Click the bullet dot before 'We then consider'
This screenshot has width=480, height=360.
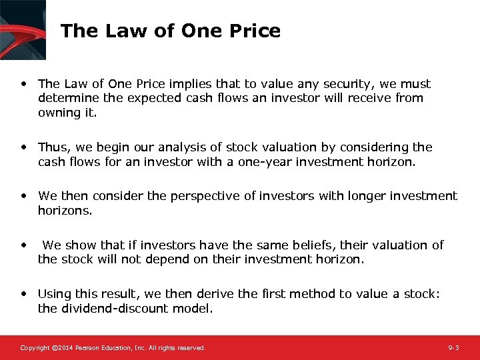[24, 196]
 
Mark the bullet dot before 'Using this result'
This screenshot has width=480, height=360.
[24, 294]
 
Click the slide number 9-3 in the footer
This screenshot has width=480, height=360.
[453, 348]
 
